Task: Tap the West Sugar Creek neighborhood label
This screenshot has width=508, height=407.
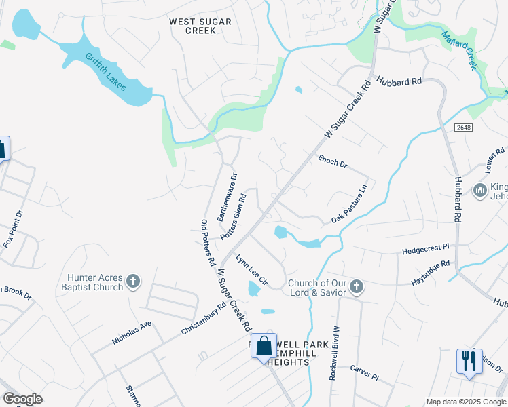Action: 200,26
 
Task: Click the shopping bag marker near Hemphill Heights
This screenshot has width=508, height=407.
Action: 264,346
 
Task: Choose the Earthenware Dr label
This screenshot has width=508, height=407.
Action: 227,197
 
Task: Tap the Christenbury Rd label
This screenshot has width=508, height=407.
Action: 204,319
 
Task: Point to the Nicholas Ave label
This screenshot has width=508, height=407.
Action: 132,334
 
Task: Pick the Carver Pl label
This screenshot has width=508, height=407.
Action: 363,372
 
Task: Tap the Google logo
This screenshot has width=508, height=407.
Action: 22,399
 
